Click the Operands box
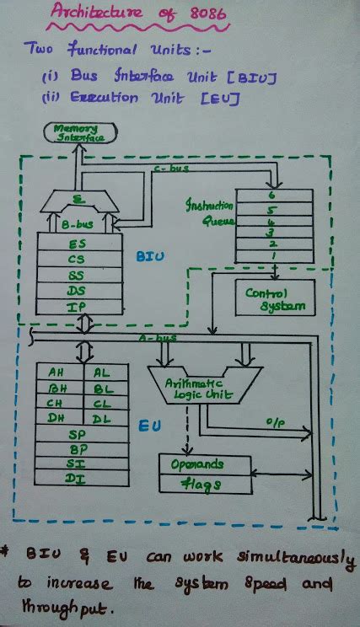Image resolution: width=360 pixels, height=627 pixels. coord(204,465)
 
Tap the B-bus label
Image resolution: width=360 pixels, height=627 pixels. coord(78,225)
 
